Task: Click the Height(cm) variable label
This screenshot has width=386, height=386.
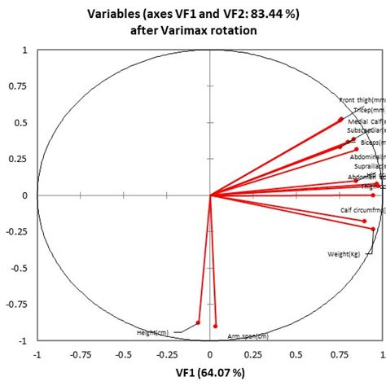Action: point(152,332)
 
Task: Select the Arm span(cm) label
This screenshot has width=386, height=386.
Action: point(248,336)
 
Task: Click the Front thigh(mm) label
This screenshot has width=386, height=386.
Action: point(362,100)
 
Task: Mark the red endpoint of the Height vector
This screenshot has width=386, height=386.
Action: point(198,322)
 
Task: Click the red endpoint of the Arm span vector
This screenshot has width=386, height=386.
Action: point(215,326)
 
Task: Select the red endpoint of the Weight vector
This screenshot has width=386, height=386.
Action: point(373,229)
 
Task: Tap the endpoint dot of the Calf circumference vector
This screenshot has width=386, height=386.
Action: point(364,221)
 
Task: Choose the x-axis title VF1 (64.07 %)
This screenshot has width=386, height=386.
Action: point(209,372)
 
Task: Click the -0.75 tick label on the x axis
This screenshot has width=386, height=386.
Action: point(80,354)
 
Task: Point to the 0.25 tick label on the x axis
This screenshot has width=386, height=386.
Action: point(253,354)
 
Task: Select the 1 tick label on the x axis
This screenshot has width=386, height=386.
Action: point(383,354)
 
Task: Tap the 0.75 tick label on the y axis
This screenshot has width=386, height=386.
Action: point(18,86)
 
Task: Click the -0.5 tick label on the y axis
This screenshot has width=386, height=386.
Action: point(18,268)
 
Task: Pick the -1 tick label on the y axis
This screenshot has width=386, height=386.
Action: point(23,340)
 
